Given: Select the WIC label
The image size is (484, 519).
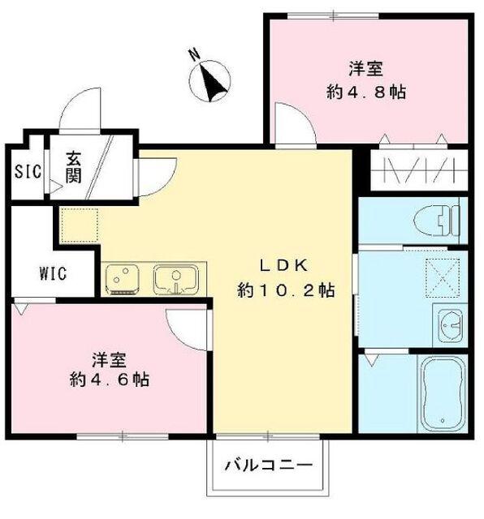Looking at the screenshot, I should (x=53, y=273).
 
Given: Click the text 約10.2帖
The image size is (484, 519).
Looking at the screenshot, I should (x=285, y=290).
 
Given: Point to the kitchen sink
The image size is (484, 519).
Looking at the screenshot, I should (x=175, y=280).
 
